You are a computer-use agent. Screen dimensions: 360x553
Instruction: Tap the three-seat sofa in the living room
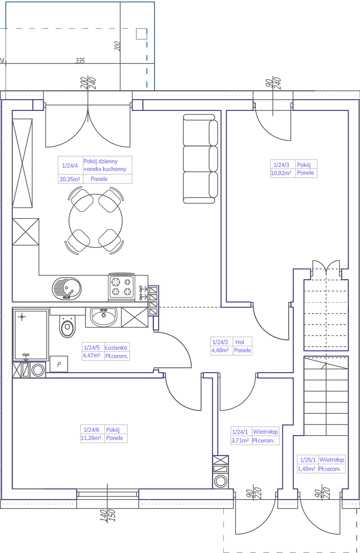200,159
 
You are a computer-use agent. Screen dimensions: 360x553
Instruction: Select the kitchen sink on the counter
67,288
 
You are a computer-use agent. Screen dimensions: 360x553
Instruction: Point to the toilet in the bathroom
67,326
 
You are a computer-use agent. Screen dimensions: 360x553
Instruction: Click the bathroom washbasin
103,317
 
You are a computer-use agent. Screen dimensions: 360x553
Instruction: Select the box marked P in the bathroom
59,364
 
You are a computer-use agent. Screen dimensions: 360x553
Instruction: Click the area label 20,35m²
70,179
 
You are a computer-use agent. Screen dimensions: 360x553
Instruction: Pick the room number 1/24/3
281,165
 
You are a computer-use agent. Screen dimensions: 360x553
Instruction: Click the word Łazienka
116,347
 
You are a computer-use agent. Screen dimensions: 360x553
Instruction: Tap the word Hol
240,342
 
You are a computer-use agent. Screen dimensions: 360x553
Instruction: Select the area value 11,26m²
91,438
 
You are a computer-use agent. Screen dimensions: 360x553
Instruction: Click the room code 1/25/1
308,460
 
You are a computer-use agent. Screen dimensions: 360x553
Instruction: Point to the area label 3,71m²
240,440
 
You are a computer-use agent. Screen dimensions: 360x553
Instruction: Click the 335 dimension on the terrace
80,60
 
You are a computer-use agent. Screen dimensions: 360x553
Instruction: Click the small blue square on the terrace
142,34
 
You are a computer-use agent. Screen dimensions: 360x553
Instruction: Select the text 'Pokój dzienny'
100,161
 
